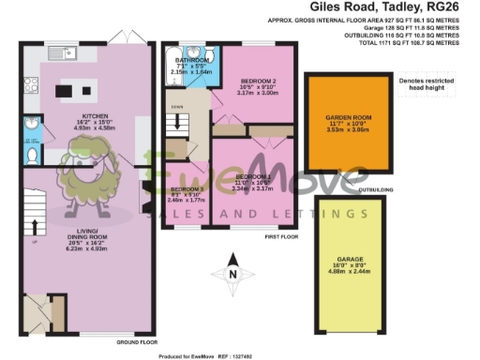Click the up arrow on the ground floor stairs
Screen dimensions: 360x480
tap(34, 228)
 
